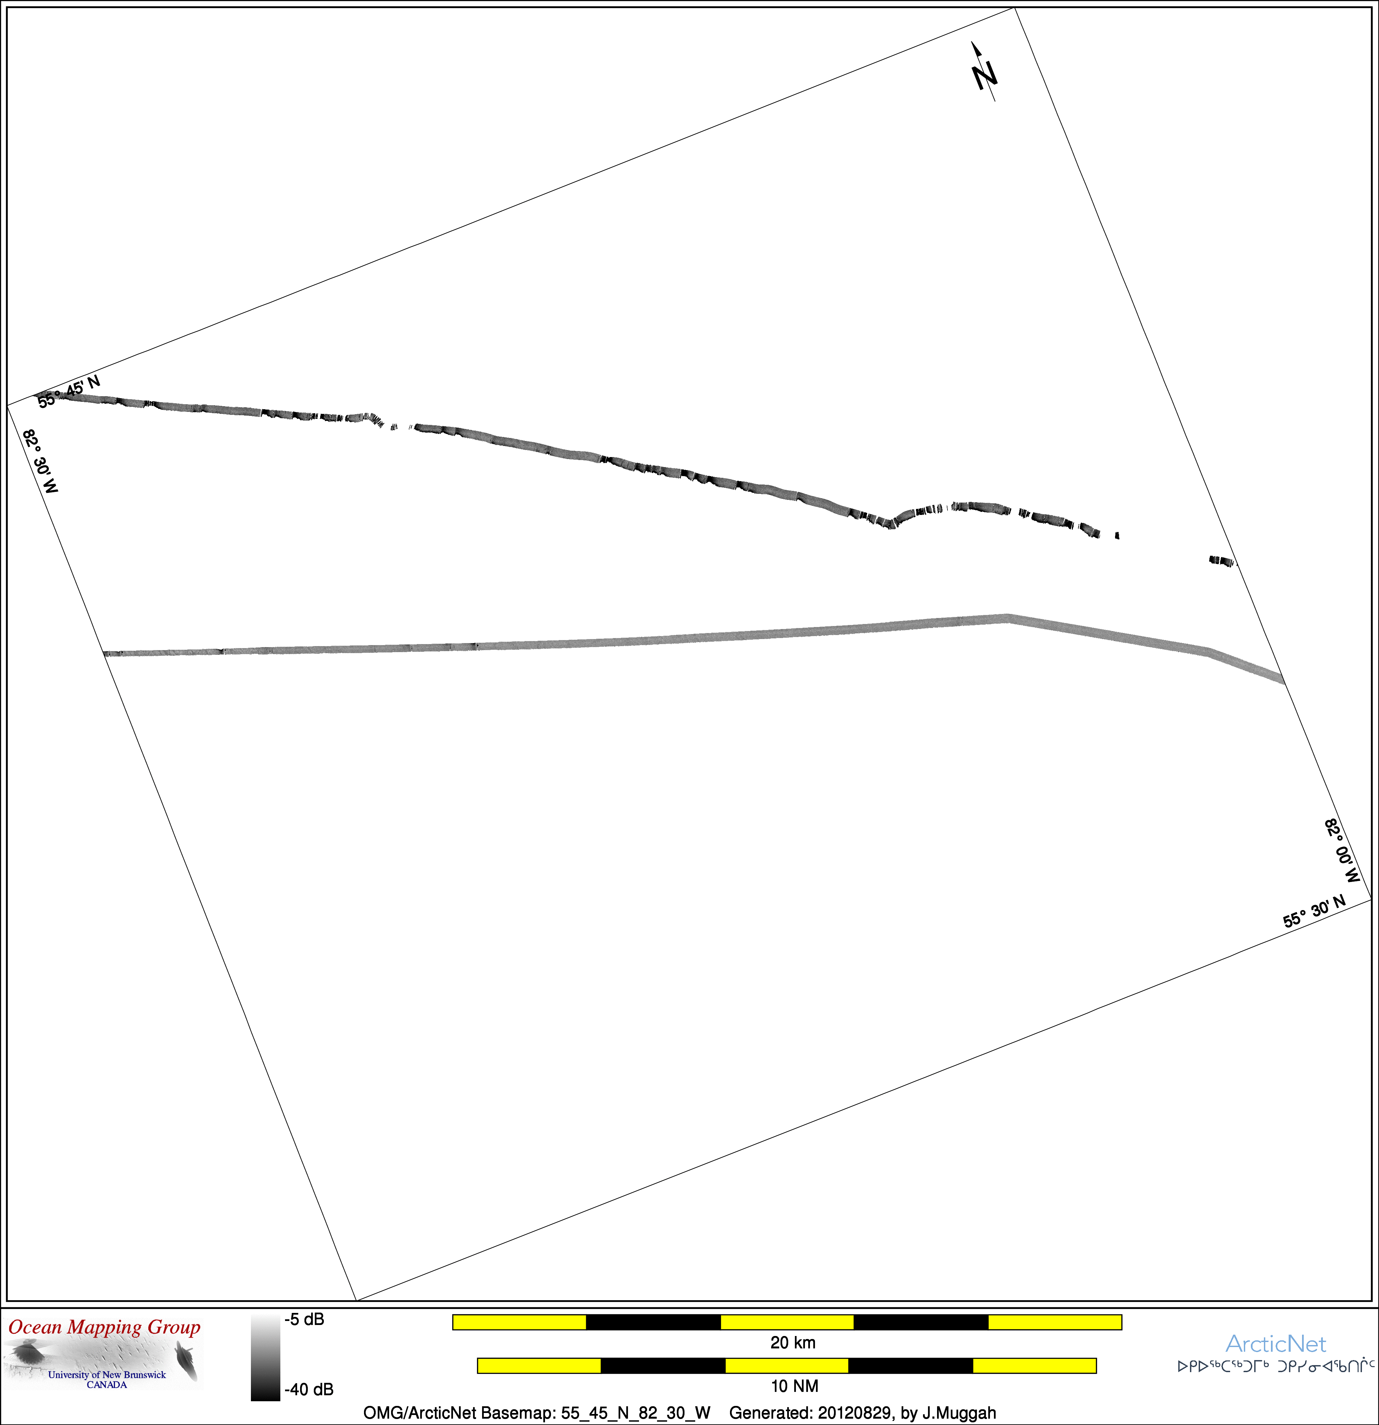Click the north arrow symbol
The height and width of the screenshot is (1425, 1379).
(984, 71)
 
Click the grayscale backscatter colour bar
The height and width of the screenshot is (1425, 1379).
(265, 1357)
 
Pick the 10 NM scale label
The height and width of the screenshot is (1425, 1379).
(795, 1386)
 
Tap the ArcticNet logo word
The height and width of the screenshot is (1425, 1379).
(1276, 1344)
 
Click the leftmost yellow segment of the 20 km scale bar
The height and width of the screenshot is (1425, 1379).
(519, 1322)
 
